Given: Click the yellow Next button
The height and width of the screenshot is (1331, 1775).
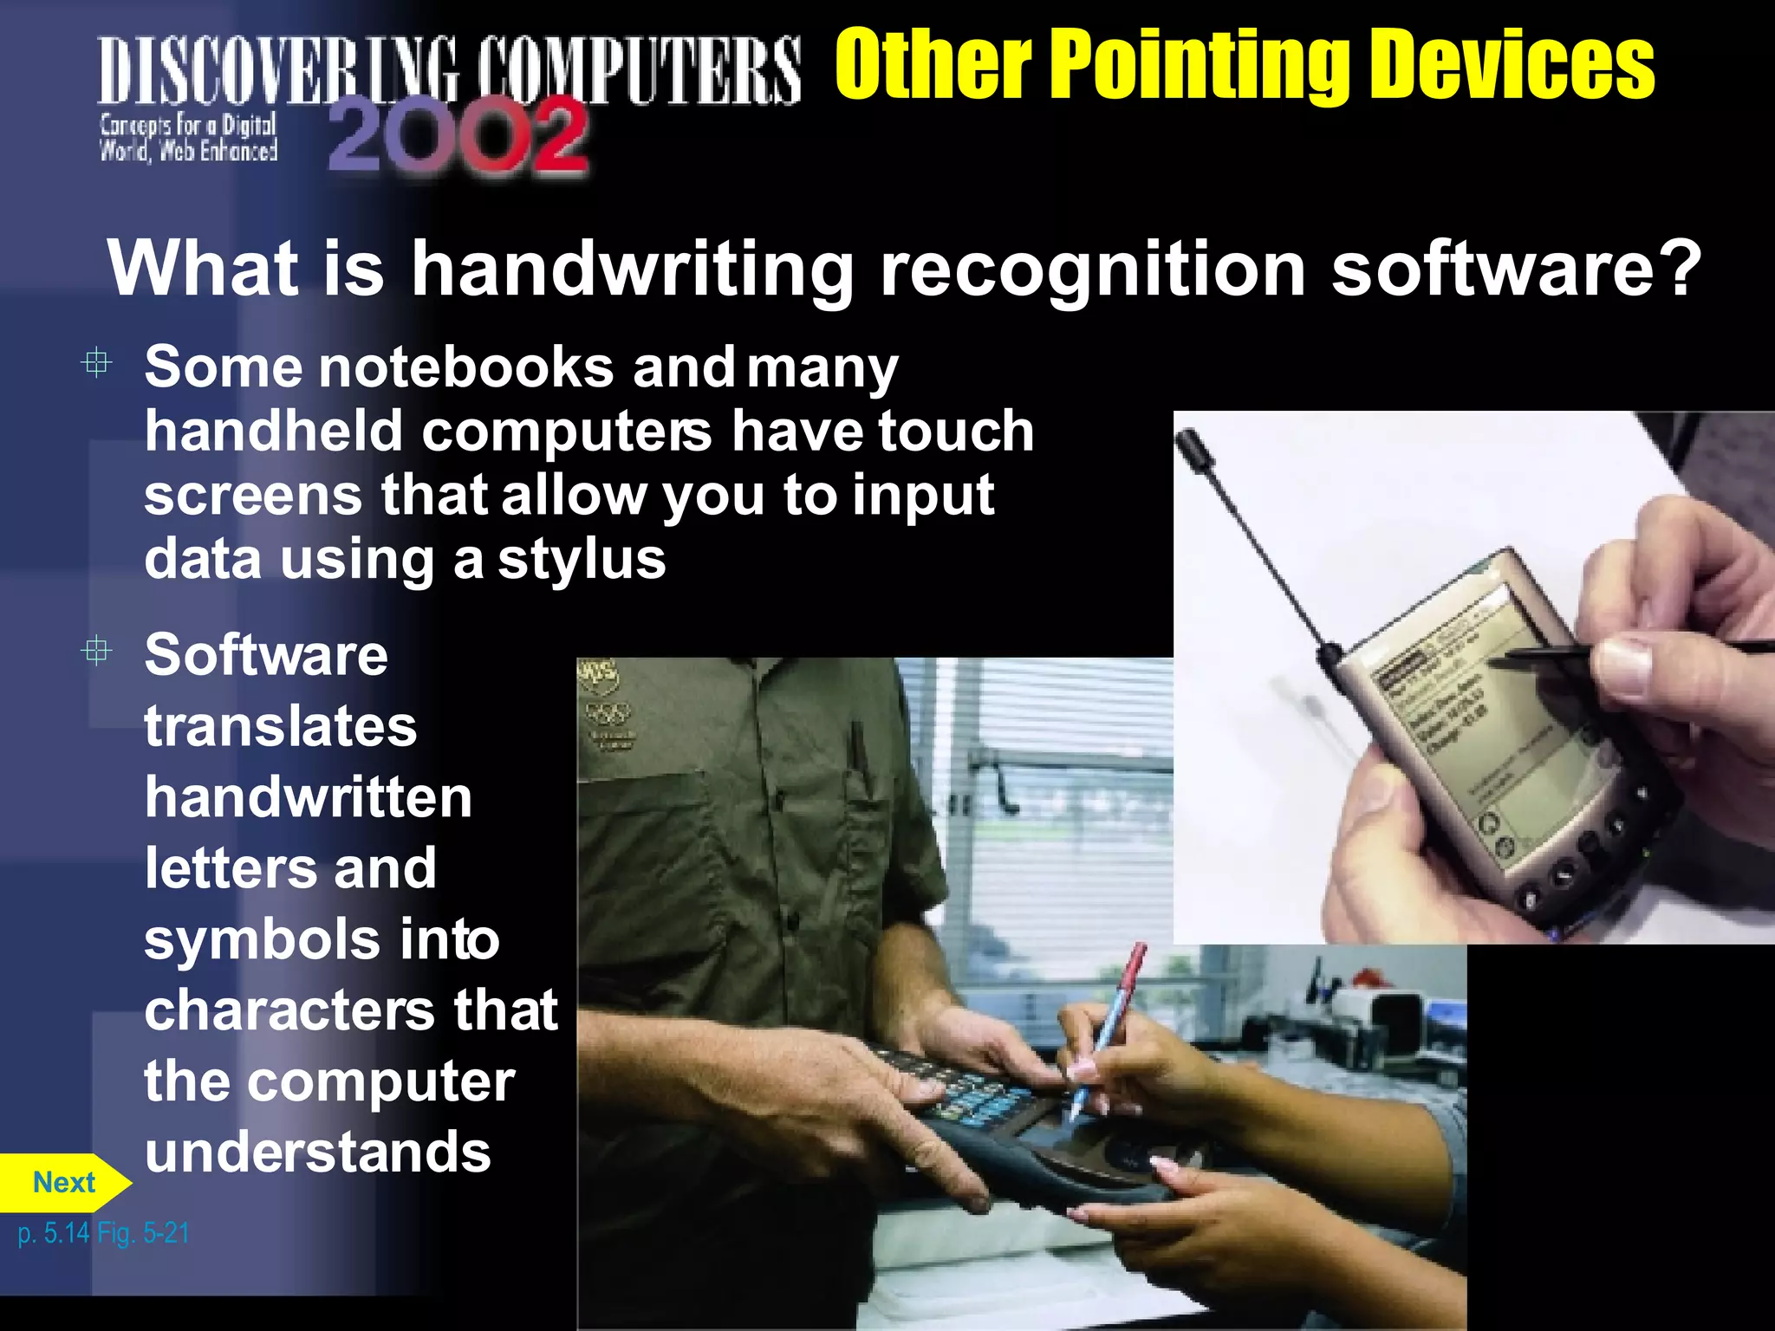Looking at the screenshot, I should pyautogui.click(x=63, y=1182).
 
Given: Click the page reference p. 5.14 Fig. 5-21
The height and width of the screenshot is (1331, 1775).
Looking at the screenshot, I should pyautogui.click(x=103, y=1232).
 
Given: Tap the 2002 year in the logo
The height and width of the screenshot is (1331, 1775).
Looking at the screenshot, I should pyautogui.click(x=458, y=136).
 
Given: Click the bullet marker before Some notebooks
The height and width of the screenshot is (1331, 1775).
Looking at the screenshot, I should pyautogui.click(x=96, y=362).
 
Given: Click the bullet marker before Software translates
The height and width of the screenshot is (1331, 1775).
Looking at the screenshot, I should pyautogui.click(x=96, y=650).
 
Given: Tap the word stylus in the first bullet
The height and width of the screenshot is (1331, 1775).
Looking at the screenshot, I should pyautogui.click(x=582, y=560).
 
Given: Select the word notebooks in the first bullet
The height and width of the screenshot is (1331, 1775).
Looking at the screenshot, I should pyautogui.click(x=467, y=367).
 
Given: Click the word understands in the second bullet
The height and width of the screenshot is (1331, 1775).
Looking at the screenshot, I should pyautogui.click(x=317, y=1152).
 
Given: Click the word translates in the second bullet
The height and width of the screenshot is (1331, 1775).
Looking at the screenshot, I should pyautogui.click(x=280, y=726).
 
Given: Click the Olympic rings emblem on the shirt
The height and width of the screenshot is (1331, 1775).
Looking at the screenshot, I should pyautogui.click(x=608, y=714).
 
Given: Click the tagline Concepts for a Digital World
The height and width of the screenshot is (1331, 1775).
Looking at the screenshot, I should pyautogui.click(x=188, y=138).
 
